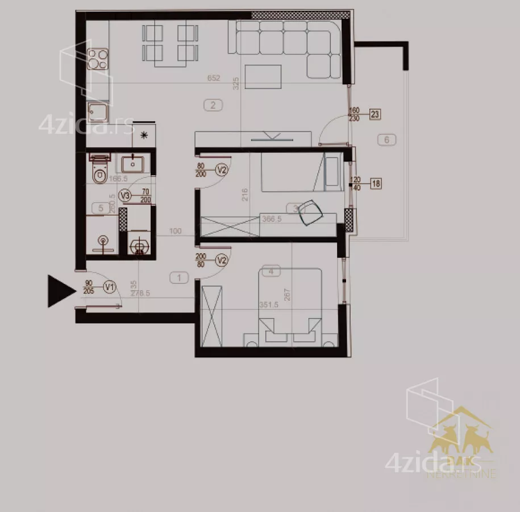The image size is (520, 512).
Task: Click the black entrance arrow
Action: pos(60,291)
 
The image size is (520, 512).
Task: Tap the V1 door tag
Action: pos(110,288)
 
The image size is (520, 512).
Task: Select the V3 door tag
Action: pos(126,196)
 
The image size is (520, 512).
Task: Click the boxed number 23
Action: pos(375,114)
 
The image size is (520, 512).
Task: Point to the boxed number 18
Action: pos(376,183)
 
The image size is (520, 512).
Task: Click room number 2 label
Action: pos(213,105)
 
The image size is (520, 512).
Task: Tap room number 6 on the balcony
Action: pos(386,139)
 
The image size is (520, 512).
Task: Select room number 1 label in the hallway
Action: pos(179,278)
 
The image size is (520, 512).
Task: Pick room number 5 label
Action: pos(101,208)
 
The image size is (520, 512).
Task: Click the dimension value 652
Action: pos(214,79)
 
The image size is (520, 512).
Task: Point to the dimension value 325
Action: pos(236,84)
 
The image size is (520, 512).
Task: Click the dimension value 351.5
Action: pos(269,305)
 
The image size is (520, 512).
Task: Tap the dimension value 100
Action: pos(175,232)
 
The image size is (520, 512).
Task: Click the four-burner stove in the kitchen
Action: pos(98,59)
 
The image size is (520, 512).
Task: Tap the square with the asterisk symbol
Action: pos(143,135)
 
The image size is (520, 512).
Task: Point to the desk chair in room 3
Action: pos(310,212)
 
